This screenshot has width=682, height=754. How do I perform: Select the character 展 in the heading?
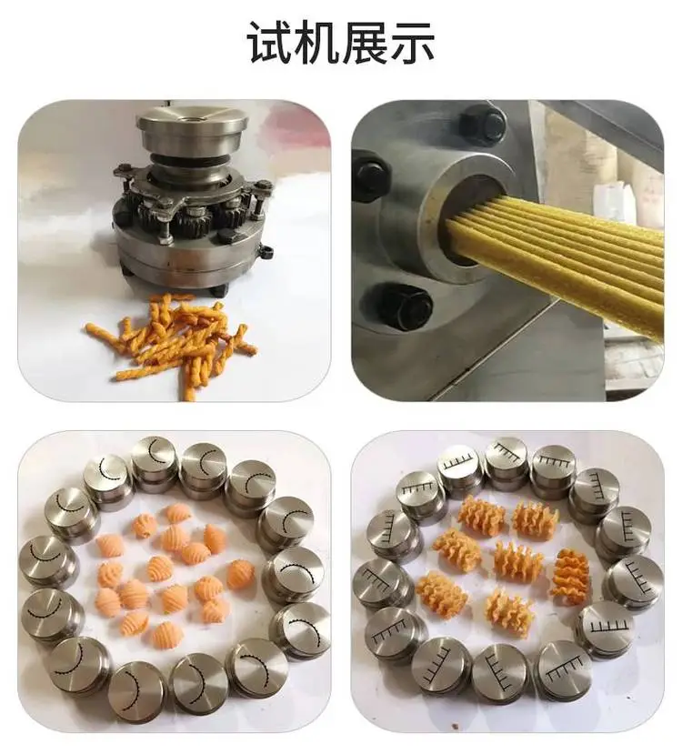point(365,41)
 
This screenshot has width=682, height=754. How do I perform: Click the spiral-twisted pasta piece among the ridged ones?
point(570,575)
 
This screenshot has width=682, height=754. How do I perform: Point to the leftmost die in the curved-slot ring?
point(43,559)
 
